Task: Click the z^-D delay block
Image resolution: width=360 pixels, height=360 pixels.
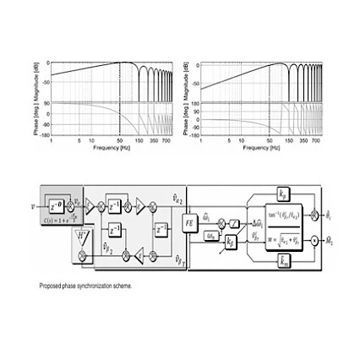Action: [56, 203]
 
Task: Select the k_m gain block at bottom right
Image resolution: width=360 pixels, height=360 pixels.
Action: [283, 259]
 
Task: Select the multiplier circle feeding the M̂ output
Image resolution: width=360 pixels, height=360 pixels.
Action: [314, 240]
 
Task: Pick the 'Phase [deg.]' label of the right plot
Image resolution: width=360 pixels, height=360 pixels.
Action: [184, 118]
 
